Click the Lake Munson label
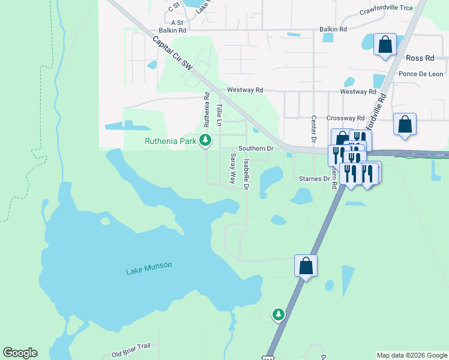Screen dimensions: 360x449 (x=149, y=268)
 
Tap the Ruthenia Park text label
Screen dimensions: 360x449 (x=171, y=142)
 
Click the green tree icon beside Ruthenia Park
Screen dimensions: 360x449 (x=206, y=141)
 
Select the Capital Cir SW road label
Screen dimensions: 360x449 (x=172, y=54)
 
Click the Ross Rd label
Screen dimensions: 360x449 (x=420, y=58)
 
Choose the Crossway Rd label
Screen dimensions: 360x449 (x=345, y=118)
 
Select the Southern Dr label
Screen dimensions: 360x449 (x=256, y=148)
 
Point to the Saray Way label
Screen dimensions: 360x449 (x=232, y=168)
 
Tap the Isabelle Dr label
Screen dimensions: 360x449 (x=246, y=175)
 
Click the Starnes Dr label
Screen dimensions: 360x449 (x=314, y=179)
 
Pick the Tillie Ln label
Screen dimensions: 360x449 (x=219, y=114)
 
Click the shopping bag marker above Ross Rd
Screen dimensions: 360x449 (x=385, y=45)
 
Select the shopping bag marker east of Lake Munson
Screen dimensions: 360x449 (x=306, y=266)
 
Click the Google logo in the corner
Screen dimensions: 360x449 (x=20, y=353)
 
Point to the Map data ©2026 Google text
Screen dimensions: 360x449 (x=411, y=355)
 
